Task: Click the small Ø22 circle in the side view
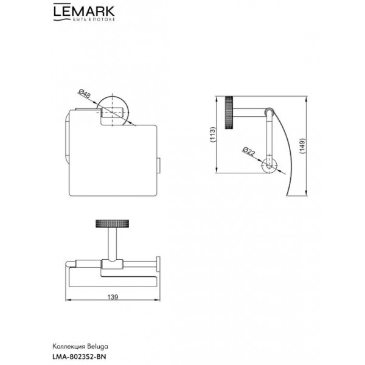(x=269, y=166)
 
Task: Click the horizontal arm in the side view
(x=250, y=111)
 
